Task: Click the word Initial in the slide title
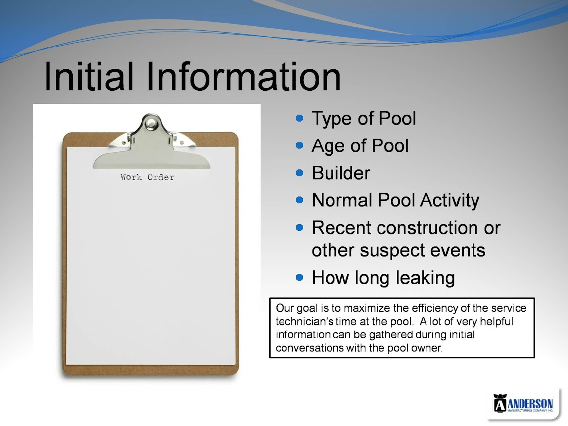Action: coord(89,76)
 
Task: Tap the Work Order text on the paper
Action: coord(147,177)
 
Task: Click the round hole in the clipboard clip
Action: coord(151,124)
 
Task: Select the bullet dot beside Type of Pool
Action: coord(299,118)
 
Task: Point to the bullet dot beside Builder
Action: coord(299,173)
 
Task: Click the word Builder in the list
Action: coord(341,173)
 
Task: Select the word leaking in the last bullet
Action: coord(425,278)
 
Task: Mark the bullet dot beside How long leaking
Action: coord(299,278)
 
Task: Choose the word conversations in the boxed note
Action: coord(310,348)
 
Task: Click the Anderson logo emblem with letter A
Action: coord(500,403)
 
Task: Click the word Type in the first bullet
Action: coord(332,119)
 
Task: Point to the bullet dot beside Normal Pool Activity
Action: coord(299,200)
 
